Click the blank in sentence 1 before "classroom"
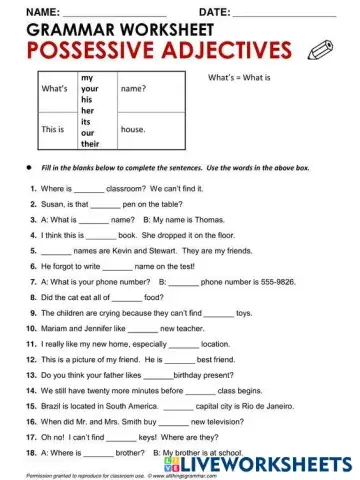coord(89,188)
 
